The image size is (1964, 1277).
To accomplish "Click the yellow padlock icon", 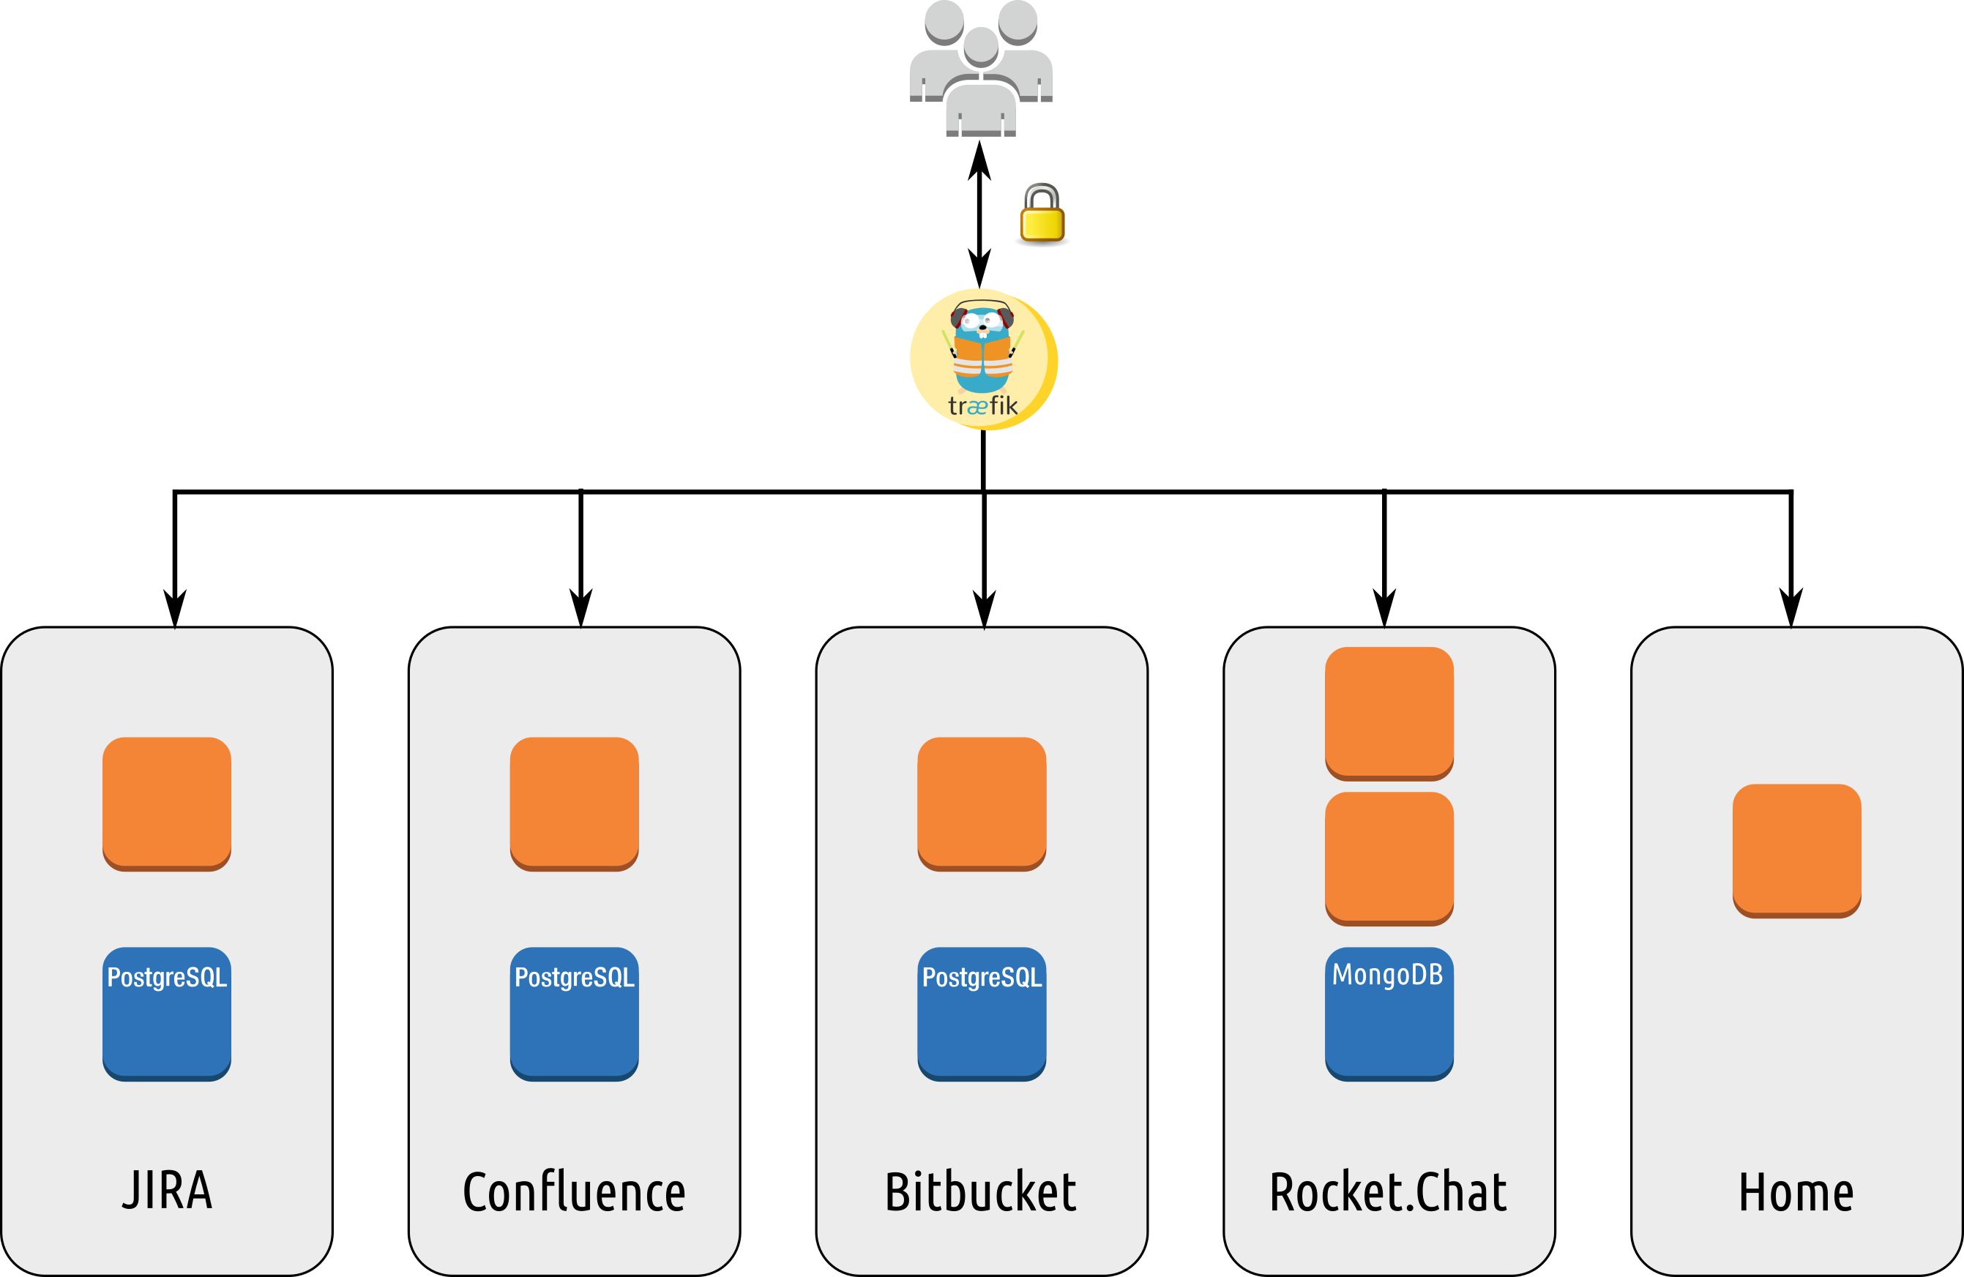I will [x=1042, y=213].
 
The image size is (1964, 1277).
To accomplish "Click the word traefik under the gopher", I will [x=983, y=406].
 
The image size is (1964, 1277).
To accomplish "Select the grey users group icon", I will [x=980, y=70].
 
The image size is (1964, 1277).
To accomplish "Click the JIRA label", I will [x=168, y=1191].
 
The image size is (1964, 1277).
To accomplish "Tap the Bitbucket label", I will [x=980, y=1192].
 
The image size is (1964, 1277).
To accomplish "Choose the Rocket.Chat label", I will [x=1388, y=1192].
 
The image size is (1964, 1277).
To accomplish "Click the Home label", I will [x=1796, y=1192].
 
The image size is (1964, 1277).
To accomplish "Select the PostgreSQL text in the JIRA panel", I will [x=167, y=978].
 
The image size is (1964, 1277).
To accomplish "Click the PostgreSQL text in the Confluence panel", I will [x=575, y=978].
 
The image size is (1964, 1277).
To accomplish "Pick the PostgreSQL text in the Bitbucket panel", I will [x=982, y=978].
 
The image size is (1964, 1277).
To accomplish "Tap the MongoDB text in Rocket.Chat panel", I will [x=1388, y=975].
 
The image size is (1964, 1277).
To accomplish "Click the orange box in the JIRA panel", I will [x=167, y=803].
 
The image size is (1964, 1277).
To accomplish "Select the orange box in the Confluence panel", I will [x=575, y=803].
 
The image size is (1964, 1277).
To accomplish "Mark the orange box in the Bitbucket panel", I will [x=982, y=803].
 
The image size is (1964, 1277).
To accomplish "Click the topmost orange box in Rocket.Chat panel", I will [x=1389, y=712].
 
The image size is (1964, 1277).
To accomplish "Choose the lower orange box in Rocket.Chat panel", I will [x=1389, y=857].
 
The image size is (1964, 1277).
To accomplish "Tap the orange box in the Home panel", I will [x=1796, y=850].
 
